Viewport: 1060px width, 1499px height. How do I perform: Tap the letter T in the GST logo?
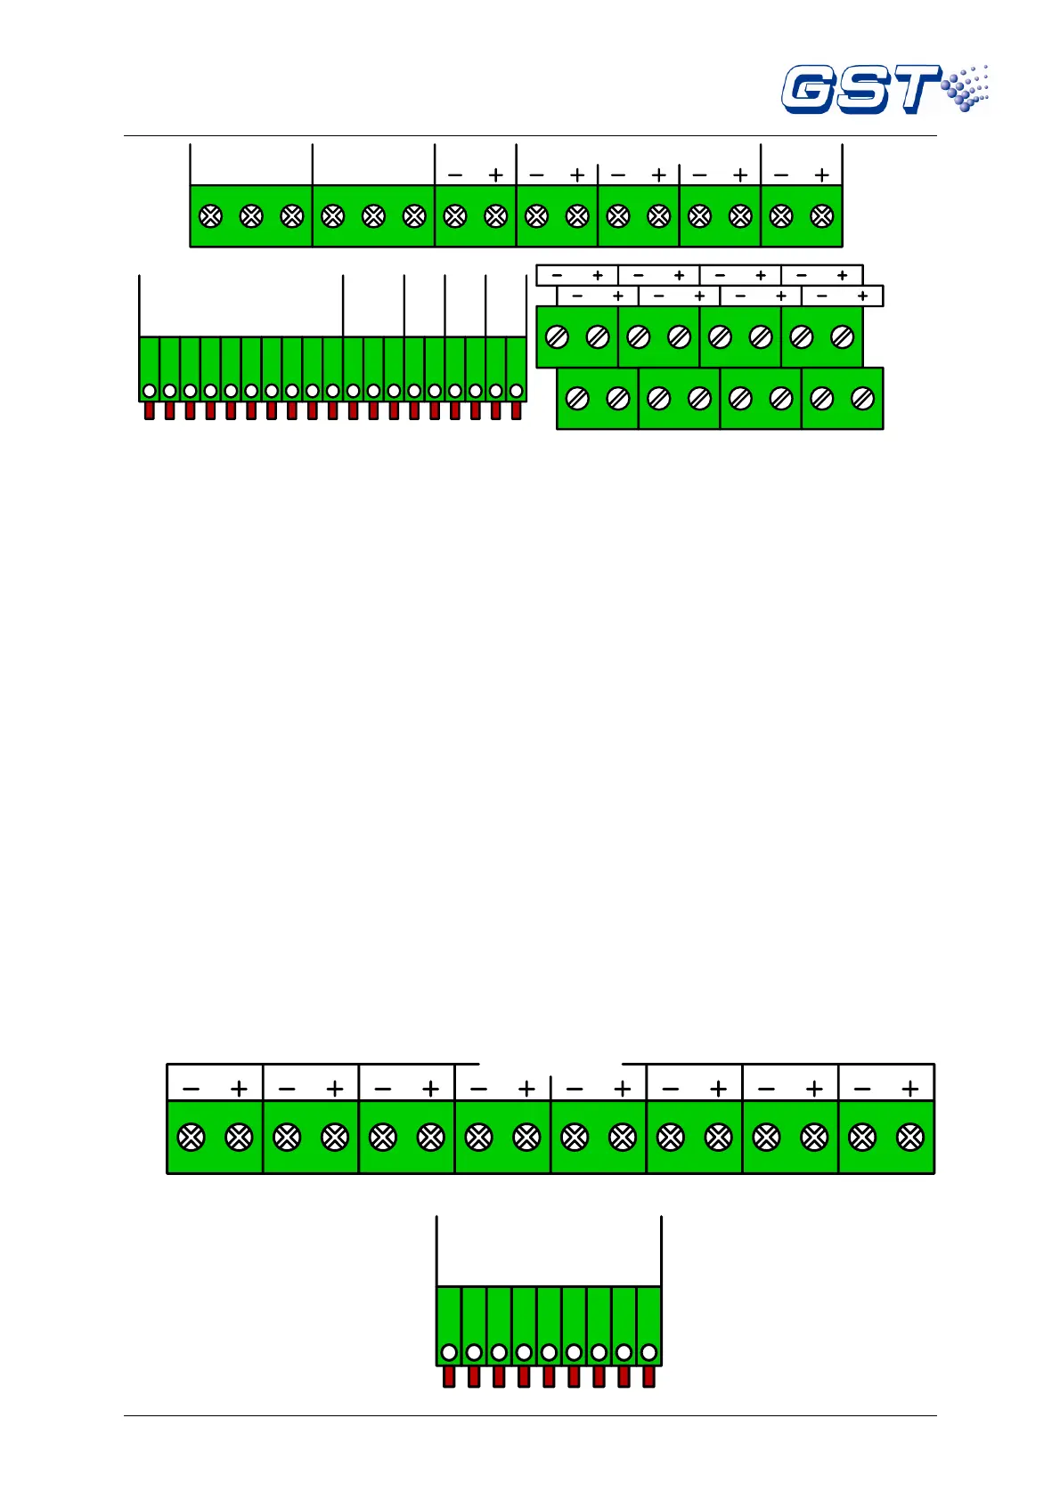click(x=912, y=89)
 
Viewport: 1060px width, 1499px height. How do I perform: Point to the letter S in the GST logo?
click(x=860, y=90)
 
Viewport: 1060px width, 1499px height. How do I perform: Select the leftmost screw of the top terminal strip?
click(x=211, y=216)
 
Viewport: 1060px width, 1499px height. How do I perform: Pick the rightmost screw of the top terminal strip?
click(x=822, y=216)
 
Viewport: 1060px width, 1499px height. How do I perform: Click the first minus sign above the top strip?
click(x=455, y=175)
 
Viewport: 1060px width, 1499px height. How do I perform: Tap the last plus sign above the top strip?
click(x=822, y=175)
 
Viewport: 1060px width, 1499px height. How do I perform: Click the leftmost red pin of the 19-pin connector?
click(x=150, y=410)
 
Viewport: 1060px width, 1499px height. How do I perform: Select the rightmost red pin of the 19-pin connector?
click(x=516, y=410)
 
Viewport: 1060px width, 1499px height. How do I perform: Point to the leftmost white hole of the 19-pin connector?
click(x=150, y=391)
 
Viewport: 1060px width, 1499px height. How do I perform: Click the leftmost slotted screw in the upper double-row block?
click(x=557, y=337)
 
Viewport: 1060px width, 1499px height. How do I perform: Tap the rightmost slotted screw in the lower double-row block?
click(x=862, y=399)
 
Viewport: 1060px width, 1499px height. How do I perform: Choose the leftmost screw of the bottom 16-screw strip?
click(x=192, y=1138)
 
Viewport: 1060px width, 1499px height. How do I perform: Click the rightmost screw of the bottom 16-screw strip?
click(x=909, y=1138)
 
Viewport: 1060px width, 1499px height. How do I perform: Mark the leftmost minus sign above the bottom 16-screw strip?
click(x=192, y=1089)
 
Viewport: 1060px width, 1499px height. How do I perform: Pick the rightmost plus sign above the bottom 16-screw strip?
click(x=909, y=1089)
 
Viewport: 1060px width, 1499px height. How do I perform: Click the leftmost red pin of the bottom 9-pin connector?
click(x=449, y=1376)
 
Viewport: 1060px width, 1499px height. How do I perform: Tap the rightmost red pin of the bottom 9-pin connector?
click(x=648, y=1376)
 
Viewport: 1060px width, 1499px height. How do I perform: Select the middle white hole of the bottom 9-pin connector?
click(x=549, y=1353)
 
